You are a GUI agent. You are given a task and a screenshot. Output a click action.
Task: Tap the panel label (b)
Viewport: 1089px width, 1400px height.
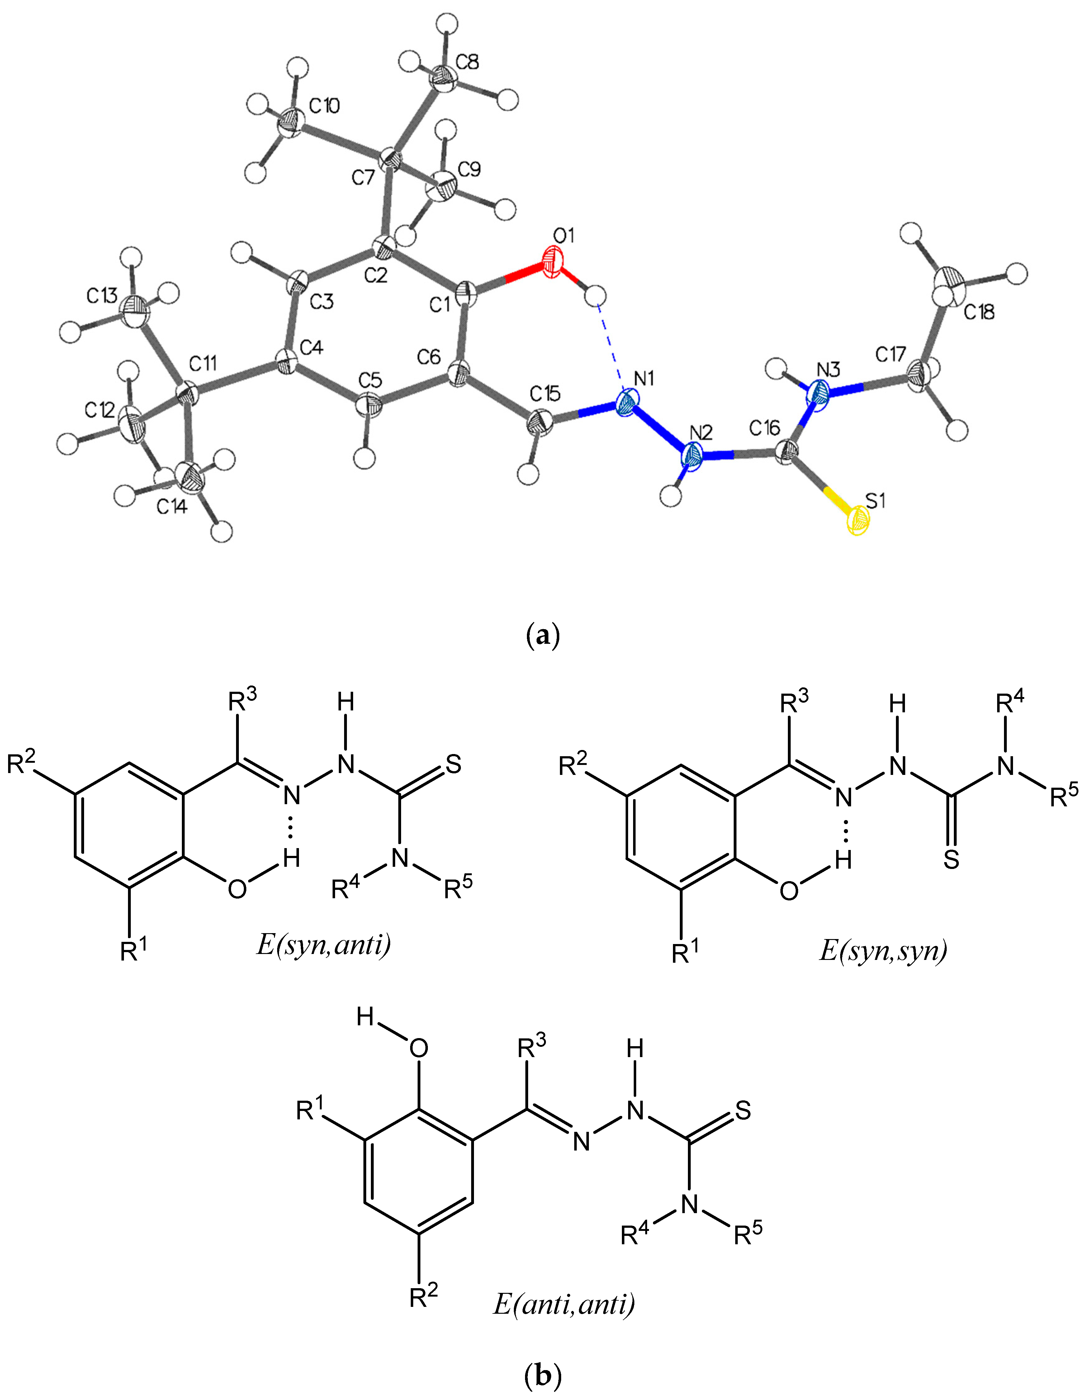tap(543, 1374)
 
